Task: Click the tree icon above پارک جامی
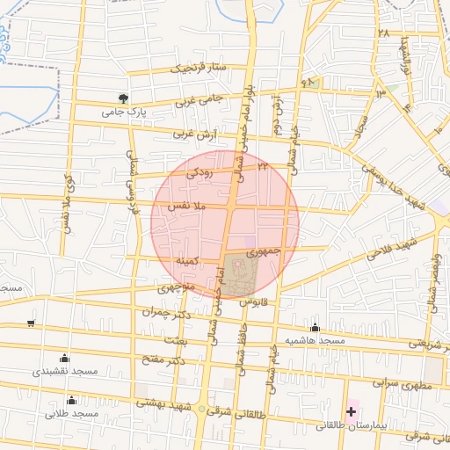124,98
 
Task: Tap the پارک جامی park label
122,112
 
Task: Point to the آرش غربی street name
192,134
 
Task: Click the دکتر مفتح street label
163,360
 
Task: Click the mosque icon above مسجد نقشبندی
63,358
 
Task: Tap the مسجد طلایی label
72,413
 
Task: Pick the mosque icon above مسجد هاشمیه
315,327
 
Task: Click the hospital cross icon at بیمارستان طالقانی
352,411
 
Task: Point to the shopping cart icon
31,323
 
